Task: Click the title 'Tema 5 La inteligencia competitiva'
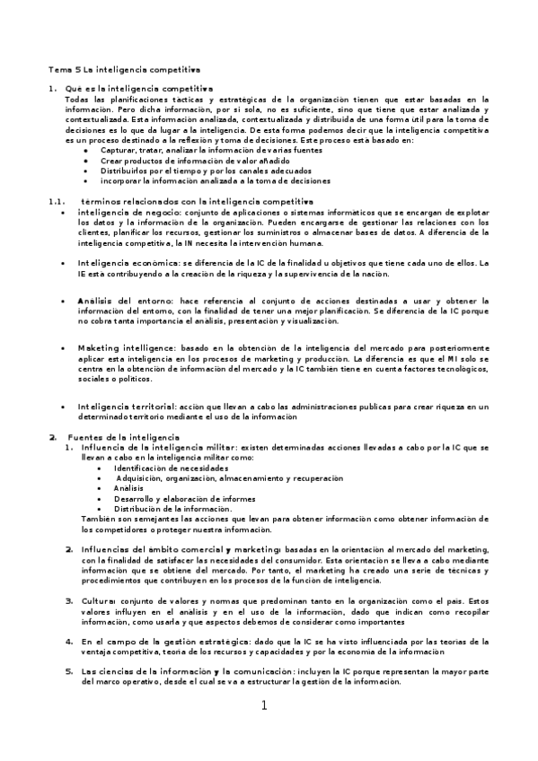124,69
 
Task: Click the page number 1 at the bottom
265,705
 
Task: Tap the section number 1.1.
57,201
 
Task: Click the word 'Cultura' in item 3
99,600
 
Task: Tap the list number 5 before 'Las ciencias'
68,670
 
